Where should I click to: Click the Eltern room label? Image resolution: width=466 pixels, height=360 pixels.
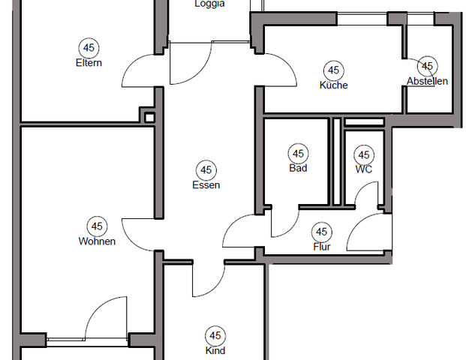(x=89, y=63)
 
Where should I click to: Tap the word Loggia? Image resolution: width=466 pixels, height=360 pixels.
(x=209, y=4)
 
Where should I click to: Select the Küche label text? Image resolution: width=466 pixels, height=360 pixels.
(x=333, y=85)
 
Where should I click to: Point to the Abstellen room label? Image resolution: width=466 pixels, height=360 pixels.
(x=427, y=82)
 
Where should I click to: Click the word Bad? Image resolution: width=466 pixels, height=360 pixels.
(x=298, y=169)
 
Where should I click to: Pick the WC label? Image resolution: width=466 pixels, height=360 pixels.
(x=364, y=169)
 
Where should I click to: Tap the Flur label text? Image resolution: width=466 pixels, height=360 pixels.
(x=322, y=247)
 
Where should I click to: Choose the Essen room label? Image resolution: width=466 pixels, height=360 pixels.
(x=206, y=185)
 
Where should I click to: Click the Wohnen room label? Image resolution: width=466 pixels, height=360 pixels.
(x=97, y=241)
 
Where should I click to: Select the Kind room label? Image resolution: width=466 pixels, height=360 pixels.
(x=215, y=350)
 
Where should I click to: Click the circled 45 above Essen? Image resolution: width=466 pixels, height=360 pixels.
(x=206, y=169)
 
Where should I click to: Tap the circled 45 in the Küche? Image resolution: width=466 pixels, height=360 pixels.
(x=334, y=70)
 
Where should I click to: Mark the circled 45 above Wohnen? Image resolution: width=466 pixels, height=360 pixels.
(x=97, y=226)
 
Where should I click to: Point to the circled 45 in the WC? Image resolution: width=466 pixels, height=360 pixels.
(x=364, y=154)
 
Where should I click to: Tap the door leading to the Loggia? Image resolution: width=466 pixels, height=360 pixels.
(x=188, y=64)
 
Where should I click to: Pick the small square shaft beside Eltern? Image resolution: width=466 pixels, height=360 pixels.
(x=149, y=117)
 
